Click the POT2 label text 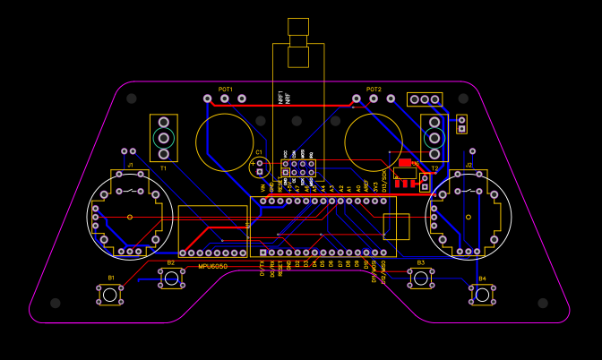point(374,90)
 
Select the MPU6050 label point(212,266)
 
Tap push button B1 point(110,294)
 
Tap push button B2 point(171,278)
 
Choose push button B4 point(482,294)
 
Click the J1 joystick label point(130,166)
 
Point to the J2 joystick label point(469,166)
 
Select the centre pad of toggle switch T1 point(163,137)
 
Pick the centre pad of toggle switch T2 point(434,138)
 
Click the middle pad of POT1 point(225,98)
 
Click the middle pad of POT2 point(374,98)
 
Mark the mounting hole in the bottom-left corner point(56,304)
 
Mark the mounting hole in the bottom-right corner point(542,304)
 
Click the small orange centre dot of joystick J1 point(130,217)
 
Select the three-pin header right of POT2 point(424,99)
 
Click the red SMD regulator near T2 point(406,163)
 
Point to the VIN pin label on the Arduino point(263,188)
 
